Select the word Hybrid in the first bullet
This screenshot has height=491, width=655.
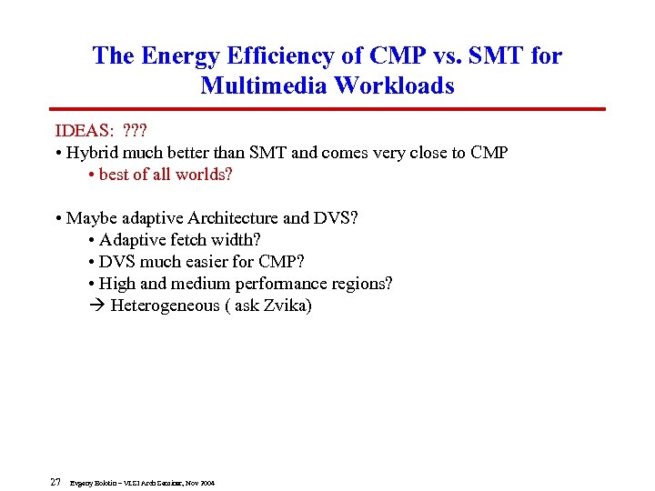(92, 153)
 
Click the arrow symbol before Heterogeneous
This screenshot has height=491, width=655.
(97, 306)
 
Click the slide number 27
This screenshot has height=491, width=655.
(55, 482)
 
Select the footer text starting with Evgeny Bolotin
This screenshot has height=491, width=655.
(142, 483)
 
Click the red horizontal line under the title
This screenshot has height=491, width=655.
(327, 110)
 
